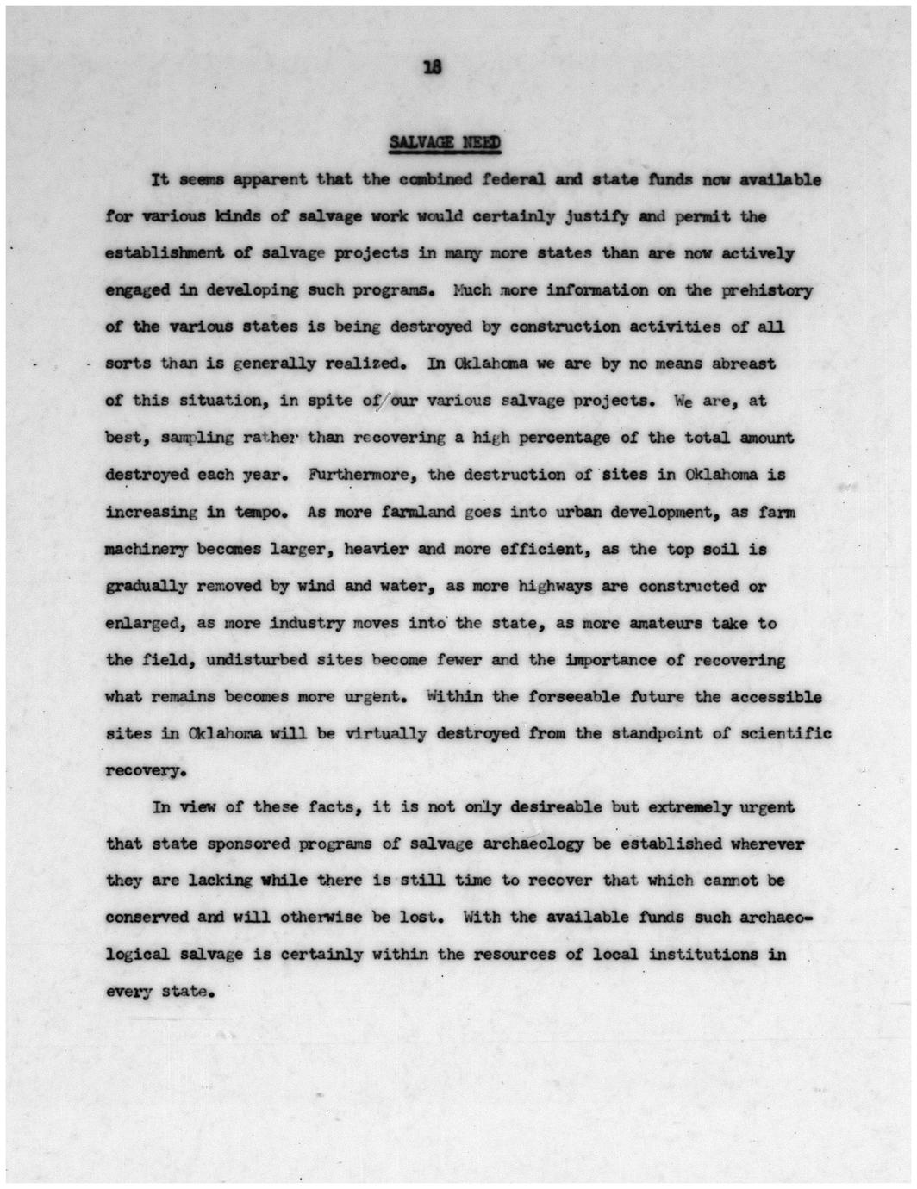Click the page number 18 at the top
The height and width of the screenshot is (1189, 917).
click(x=434, y=69)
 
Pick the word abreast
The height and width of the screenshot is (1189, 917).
click(x=744, y=364)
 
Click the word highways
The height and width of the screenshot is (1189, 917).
click(x=555, y=586)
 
